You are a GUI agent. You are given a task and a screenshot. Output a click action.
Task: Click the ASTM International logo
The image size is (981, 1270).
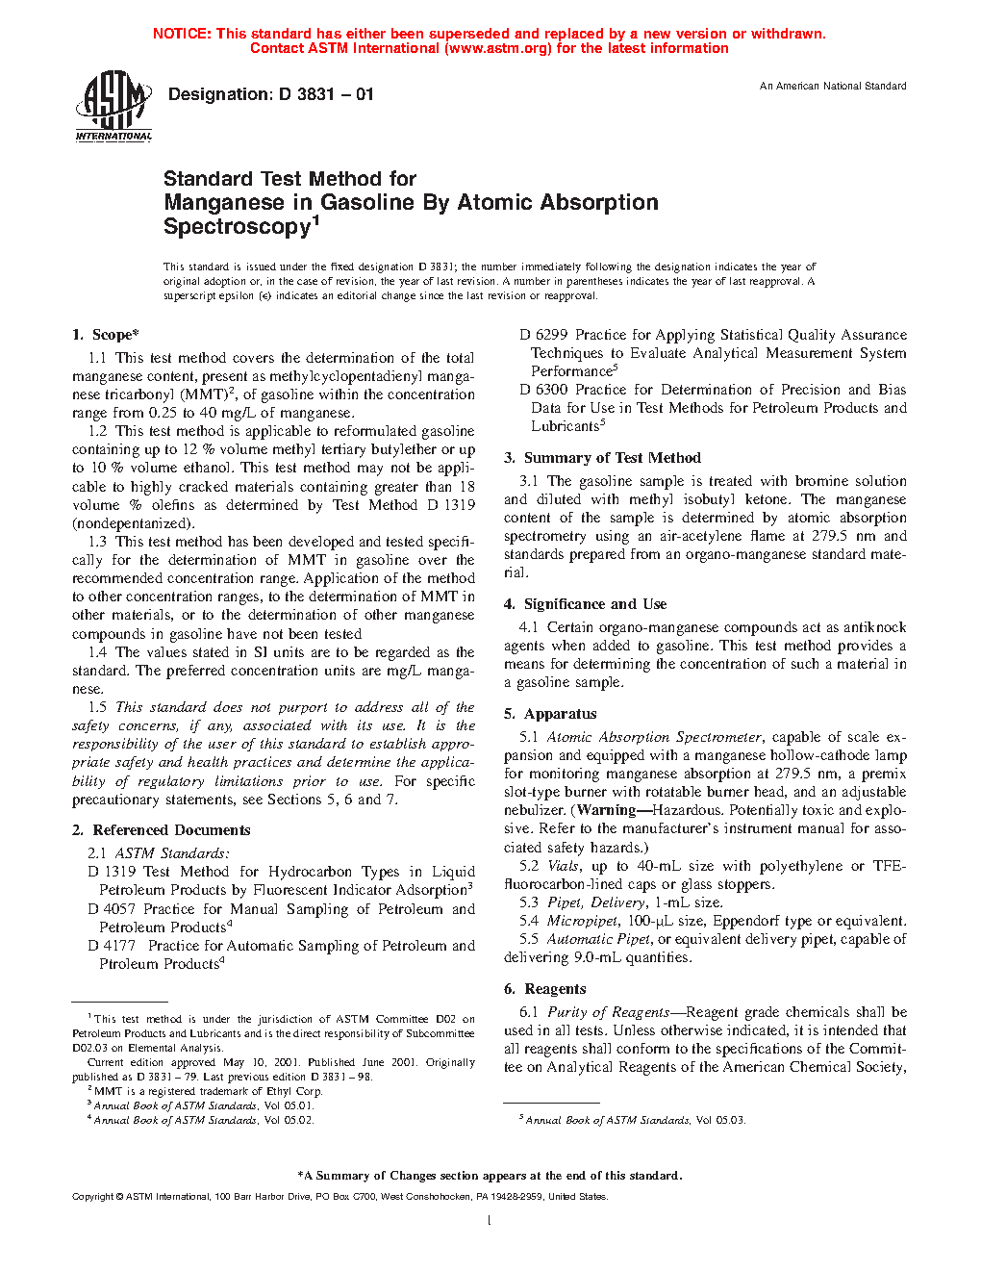pyautogui.click(x=113, y=107)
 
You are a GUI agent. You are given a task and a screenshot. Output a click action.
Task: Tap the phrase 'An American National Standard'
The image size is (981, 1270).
pyautogui.click(x=832, y=87)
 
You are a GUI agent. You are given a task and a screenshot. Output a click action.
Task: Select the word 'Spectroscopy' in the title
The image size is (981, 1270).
pyautogui.click(x=237, y=227)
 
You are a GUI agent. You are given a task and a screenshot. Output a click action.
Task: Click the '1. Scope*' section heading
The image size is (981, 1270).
pyautogui.click(x=106, y=335)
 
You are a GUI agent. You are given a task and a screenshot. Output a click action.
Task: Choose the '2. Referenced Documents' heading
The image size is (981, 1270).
pyautogui.click(x=162, y=830)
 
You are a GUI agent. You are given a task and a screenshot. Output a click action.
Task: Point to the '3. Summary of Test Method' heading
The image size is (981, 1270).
pyautogui.click(x=603, y=458)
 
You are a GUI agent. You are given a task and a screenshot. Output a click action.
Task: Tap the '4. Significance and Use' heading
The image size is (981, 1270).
pyautogui.click(x=586, y=604)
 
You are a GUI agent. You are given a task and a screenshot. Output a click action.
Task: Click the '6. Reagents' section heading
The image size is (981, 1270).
pyautogui.click(x=545, y=989)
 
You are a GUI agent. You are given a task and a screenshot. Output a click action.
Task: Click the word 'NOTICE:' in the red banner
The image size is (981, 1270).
pyautogui.click(x=182, y=34)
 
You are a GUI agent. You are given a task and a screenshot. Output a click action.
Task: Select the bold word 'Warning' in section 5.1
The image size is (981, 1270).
pyautogui.click(x=606, y=810)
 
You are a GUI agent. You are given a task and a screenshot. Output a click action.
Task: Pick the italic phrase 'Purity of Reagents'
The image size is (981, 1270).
pyautogui.click(x=609, y=1012)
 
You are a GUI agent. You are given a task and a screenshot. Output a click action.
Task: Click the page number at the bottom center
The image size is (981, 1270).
pyautogui.click(x=490, y=1221)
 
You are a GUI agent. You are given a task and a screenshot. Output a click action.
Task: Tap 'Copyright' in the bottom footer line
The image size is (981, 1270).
pyautogui.click(x=92, y=1197)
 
